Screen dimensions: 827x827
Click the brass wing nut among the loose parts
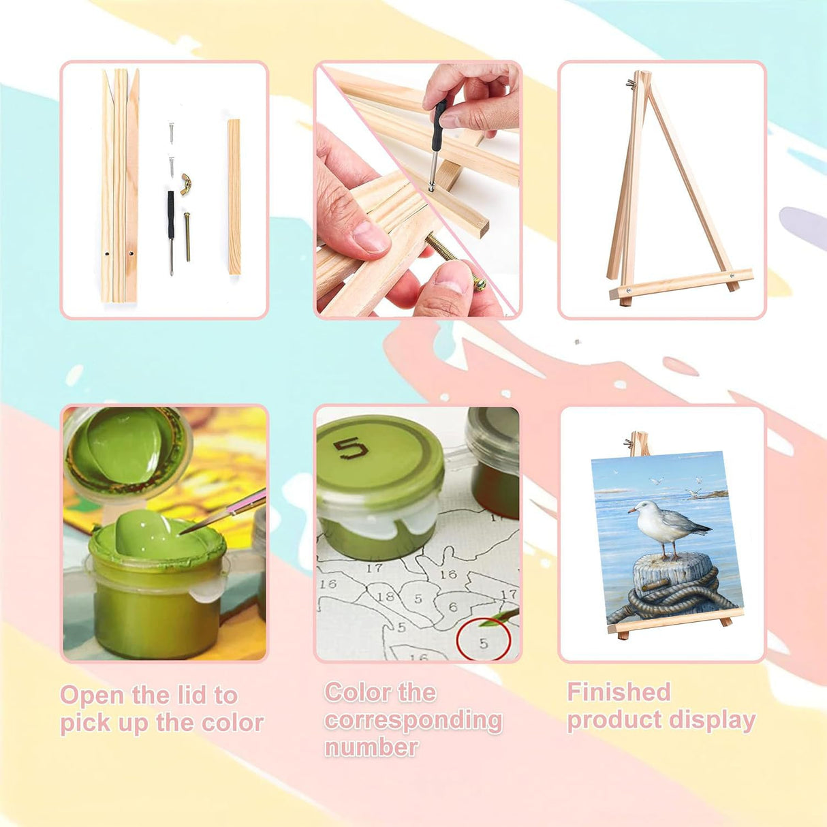pyautogui.click(x=186, y=184)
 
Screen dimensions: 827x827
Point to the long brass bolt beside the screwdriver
pyautogui.click(x=187, y=236)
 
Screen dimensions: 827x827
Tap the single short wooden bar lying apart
pyautogui.click(x=234, y=197)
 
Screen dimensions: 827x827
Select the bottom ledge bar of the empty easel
pyautogui.click(x=681, y=283)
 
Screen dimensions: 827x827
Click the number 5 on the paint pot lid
pyautogui.click(x=351, y=449)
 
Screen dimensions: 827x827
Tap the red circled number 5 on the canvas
pyautogui.click(x=484, y=642)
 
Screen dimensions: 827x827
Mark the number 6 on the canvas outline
pyautogui.click(x=453, y=607)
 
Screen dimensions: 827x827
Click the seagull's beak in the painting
pyautogui.click(x=633, y=510)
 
